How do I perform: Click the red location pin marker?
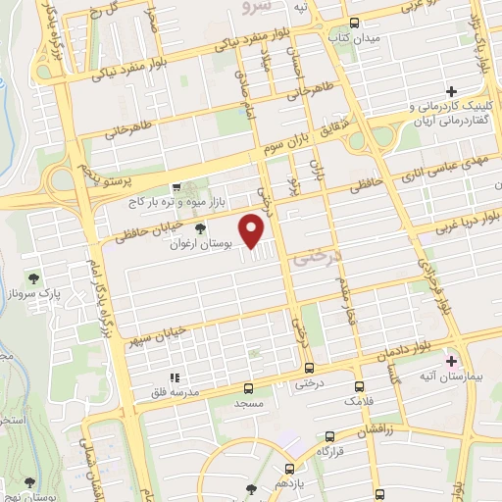click(x=254, y=232)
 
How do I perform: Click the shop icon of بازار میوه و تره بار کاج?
click(x=176, y=186)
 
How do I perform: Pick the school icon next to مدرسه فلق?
click(x=175, y=377)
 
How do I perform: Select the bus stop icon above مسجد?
click(x=249, y=388)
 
